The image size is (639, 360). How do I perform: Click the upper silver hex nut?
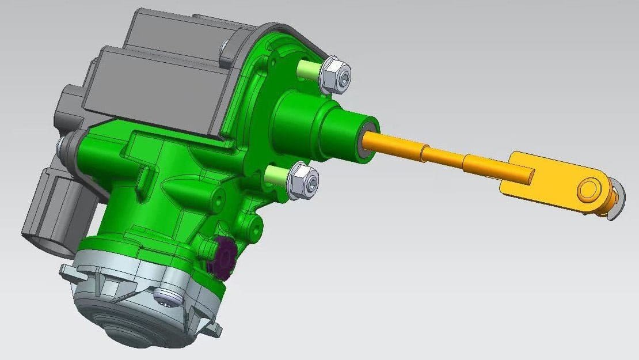[x=335, y=75]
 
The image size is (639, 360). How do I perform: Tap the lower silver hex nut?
[x=302, y=181]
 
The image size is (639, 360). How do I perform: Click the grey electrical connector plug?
[x=49, y=213]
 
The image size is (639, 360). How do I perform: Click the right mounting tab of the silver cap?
[x=215, y=329]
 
